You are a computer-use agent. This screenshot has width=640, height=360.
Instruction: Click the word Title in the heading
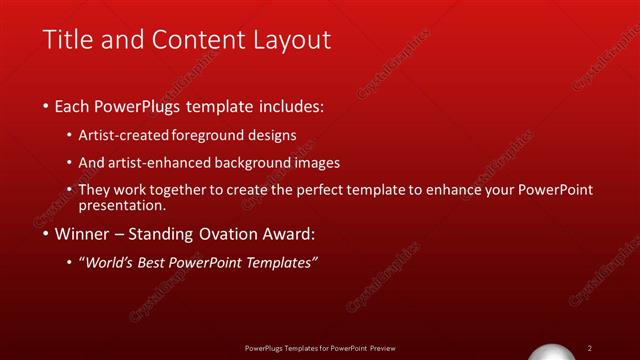tap(67, 40)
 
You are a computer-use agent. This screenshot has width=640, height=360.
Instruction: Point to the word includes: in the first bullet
tap(290, 105)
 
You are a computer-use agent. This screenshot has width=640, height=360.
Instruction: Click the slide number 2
tap(591, 348)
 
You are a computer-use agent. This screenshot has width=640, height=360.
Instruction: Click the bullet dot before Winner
tap(46, 236)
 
